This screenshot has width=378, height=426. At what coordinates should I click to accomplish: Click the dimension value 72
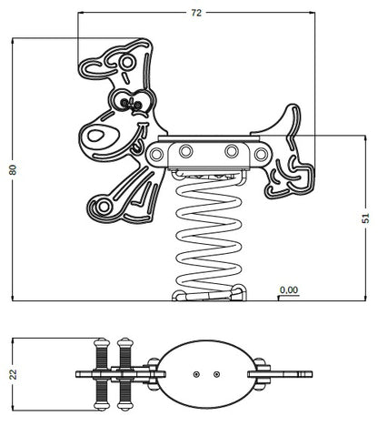pos(196,13)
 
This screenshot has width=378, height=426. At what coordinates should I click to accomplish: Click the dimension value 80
pos(13,169)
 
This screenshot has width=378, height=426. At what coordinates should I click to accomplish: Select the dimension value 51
pos(366,218)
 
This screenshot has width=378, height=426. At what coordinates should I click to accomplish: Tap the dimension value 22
pos(13,374)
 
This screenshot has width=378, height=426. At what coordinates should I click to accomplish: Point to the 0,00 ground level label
pos(289,290)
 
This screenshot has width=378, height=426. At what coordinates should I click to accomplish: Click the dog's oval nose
pos(96,136)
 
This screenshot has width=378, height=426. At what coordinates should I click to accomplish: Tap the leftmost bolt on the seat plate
pos(156,154)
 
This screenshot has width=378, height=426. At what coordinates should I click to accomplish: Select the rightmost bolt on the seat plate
pos(261,154)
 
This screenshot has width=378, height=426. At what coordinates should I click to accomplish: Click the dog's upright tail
pos(283,121)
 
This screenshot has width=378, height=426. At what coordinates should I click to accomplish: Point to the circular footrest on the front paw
pos(104,207)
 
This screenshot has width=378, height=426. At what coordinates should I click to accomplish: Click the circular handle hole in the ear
pos(126,62)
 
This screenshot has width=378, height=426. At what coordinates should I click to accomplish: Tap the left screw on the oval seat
pos(196,374)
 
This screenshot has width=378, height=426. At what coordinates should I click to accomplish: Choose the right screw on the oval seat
pos(216,374)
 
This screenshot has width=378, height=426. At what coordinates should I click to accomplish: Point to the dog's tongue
pos(137,146)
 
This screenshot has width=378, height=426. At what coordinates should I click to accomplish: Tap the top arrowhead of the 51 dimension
pos(366,138)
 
